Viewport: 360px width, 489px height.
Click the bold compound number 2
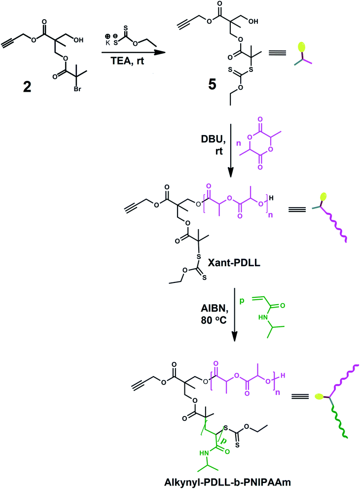[x=27, y=87]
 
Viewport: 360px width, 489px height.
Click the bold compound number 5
[x=212, y=84]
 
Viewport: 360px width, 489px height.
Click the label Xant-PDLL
[x=234, y=263]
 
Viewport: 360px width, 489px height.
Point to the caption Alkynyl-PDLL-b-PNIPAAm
[x=227, y=482]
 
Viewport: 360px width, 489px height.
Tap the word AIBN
[x=215, y=309]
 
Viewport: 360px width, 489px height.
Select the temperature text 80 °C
[x=214, y=320]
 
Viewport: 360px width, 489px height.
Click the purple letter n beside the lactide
[x=239, y=144]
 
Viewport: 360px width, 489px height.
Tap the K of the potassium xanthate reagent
[x=108, y=43]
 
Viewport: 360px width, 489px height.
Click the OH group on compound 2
[x=78, y=40]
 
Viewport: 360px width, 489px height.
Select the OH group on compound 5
[x=253, y=22]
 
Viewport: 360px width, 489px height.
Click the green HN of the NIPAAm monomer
[x=263, y=317]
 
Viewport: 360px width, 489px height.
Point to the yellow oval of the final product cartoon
[x=319, y=396]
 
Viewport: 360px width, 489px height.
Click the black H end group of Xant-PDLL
[x=271, y=198]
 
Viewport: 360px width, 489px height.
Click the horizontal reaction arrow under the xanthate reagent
[x=133, y=52]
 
